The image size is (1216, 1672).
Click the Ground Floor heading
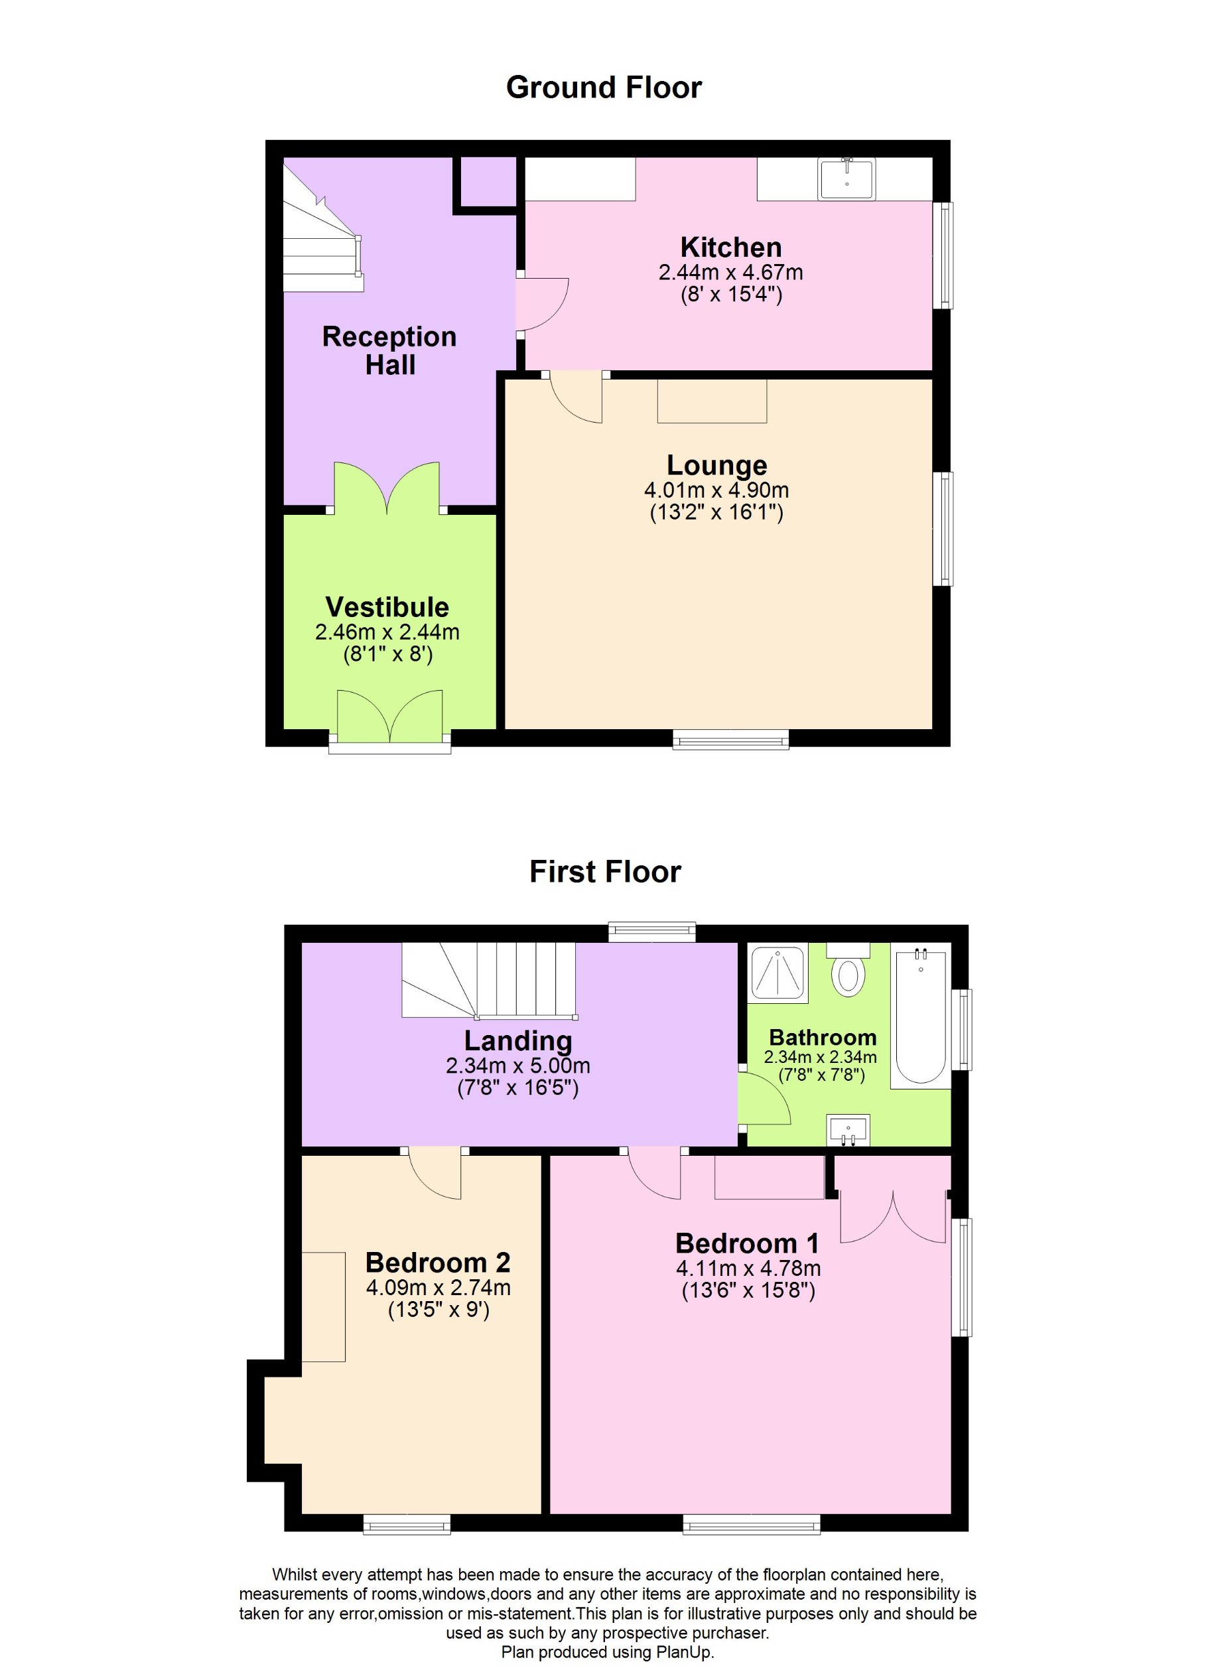click(604, 88)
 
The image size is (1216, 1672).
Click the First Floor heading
click(605, 871)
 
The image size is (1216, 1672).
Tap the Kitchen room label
click(730, 247)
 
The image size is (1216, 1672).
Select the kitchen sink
click(846, 179)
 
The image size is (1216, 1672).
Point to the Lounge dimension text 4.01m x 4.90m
click(716, 490)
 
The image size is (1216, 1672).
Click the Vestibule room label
click(387, 606)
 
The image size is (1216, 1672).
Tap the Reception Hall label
click(390, 351)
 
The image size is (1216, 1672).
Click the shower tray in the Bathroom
click(778, 974)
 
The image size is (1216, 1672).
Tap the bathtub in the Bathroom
click(921, 1016)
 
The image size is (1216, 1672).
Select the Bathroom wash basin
click(848, 1129)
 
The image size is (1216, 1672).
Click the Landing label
click(517, 1040)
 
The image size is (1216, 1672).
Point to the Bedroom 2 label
click(438, 1262)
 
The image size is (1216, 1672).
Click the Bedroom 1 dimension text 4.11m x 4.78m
click(748, 1268)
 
